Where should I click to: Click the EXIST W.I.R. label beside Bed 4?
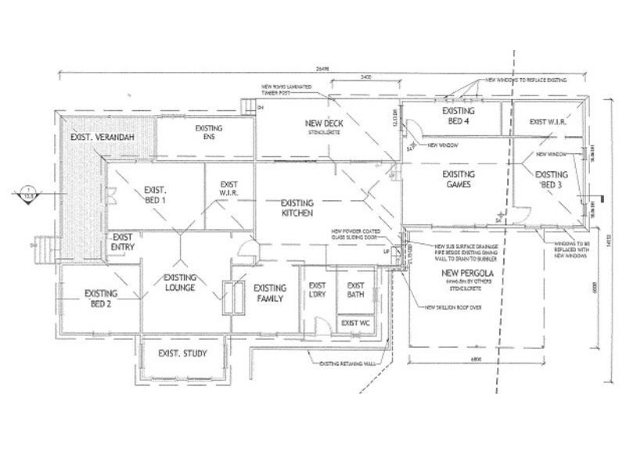pos(547,122)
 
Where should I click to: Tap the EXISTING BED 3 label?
pos(551,179)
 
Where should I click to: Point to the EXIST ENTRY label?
pos(123,242)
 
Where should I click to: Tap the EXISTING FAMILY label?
pos(270,292)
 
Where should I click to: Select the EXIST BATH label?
pos(356,290)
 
